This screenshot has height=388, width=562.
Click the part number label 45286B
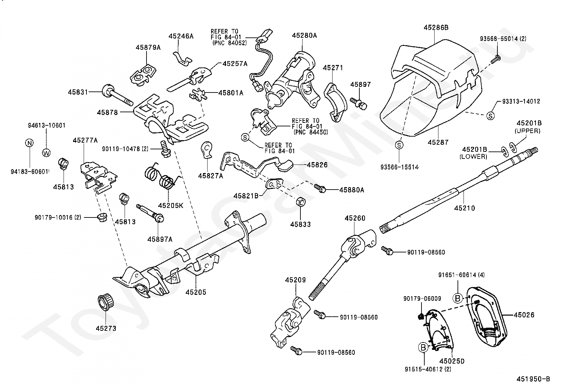point(436,27)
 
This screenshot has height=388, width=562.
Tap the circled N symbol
point(29,143)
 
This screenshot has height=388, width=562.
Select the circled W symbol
point(46,153)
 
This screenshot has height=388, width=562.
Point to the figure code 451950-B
point(533,379)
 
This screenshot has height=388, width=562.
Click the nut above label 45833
point(300,202)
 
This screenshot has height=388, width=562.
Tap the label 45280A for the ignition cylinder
point(304,35)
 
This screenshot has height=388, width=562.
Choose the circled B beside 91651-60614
point(458,298)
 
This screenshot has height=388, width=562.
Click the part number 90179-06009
point(422,299)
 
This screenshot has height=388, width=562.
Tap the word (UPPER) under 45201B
point(527,131)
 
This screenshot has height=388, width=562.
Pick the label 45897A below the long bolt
point(160,239)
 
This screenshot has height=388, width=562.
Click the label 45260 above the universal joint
point(355,219)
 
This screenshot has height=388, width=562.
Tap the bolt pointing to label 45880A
point(320,188)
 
